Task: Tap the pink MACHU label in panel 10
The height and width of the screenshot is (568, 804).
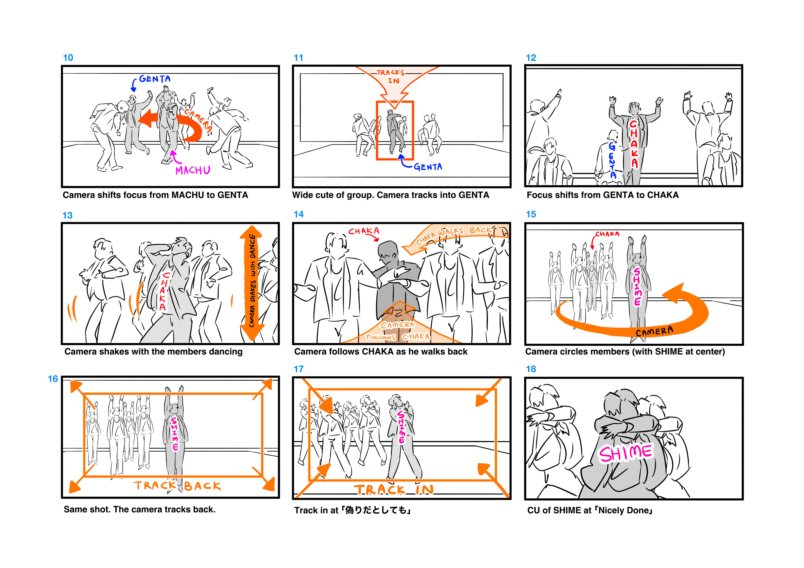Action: (193, 170)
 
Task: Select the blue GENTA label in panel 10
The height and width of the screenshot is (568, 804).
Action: (155, 79)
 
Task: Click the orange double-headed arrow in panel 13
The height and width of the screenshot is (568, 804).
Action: (251, 283)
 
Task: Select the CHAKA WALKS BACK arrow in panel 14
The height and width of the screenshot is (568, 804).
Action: (455, 238)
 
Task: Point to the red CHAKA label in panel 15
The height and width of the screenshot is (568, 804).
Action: (607, 234)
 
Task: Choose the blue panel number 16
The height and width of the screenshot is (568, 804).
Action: (53, 379)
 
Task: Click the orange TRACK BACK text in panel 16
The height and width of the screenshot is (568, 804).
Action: (177, 486)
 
